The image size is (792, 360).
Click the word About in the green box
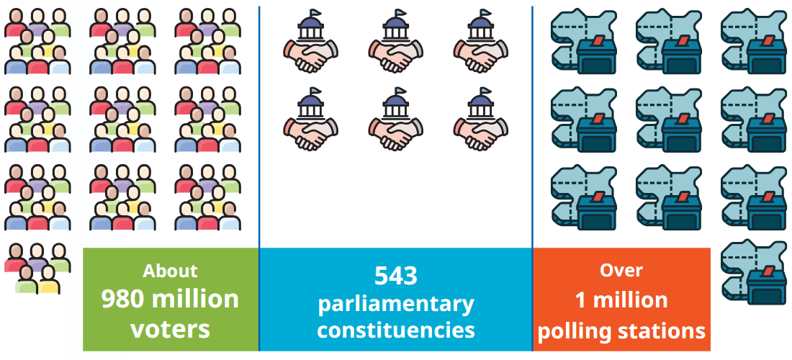click(170, 271)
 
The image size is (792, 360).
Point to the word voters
click(170, 329)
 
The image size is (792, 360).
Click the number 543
click(396, 276)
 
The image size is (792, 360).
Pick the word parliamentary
click(395, 305)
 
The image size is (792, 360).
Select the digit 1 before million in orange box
click(581, 300)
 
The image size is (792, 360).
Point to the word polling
click(572, 331)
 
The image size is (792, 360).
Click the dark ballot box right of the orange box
click(766, 287)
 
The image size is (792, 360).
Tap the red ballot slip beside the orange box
click(768, 271)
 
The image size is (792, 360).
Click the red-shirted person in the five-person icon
click(15, 258)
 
